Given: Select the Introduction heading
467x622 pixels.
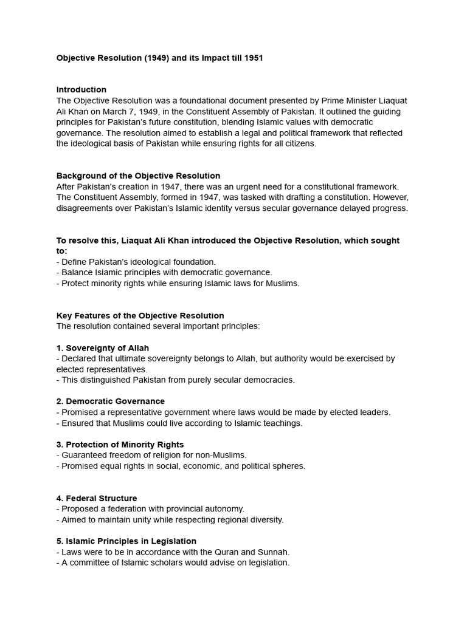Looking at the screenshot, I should pyautogui.click(x=81, y=90).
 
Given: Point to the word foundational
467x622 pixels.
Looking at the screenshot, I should pyautogui.click(x=195, y=101).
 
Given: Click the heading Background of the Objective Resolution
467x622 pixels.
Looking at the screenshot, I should pyautogui.click(x=138, y=176).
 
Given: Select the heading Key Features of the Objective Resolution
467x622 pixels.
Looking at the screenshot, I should pyautogui.click(x=140, y=316).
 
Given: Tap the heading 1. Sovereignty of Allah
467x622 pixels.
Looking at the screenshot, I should pyautogui.click(x=103, y=348).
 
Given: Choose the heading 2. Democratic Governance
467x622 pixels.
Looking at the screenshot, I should pyautogui.click(x=111, y=402).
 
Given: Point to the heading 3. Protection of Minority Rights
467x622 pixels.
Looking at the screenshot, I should pyautogui.click(x=120, y=445).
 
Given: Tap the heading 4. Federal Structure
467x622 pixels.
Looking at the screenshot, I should pyautogui.click(x=97, y=498).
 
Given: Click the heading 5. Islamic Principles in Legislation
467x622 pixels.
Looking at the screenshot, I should pyautogui.click(x=126, y=541).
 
